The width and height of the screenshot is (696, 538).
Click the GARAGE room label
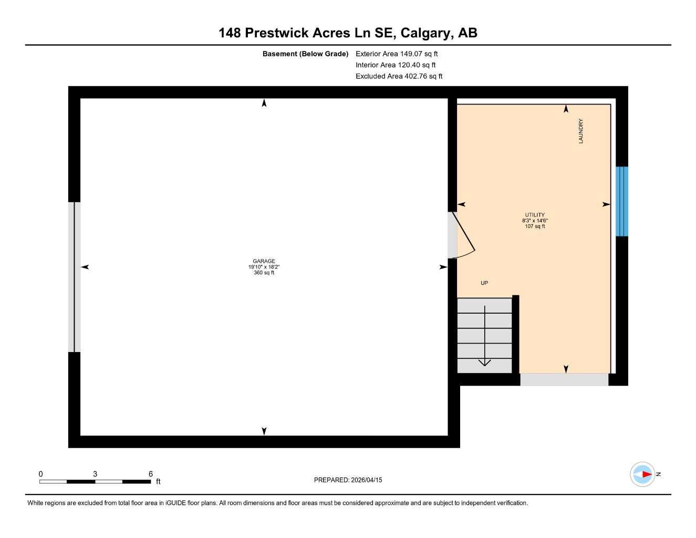pos(264,261)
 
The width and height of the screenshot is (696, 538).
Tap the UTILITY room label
pos(535,215)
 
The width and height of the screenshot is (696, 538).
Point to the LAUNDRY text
pos(580,131)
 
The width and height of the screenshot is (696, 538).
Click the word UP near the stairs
pos(484,283)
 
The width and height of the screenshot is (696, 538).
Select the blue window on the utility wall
pos(621,201)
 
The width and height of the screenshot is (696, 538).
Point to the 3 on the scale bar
pos(95,474)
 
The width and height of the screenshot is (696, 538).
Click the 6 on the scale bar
pos(151,474)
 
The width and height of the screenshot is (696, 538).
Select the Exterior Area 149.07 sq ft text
pos(397,54)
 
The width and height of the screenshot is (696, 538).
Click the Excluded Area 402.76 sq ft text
pos(399,76)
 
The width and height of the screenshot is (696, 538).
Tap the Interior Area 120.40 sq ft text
pos(396,65)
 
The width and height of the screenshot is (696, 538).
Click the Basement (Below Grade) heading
pos(305,54)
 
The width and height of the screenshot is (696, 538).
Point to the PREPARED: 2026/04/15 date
pos(348,480)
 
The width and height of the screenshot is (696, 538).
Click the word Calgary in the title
pos(426,33)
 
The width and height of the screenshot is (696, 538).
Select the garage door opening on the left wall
pos(74,277)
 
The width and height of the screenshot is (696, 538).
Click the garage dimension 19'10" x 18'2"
pos(264,267)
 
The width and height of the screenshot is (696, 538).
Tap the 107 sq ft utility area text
pos(535,226)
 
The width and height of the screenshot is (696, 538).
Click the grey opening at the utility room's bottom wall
pos(564,379)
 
